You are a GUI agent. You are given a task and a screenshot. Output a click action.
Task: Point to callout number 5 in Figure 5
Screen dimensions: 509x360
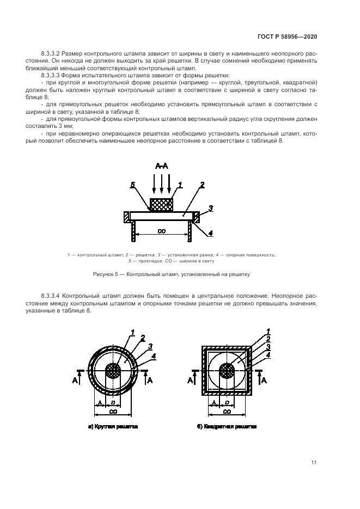tap(132, 186)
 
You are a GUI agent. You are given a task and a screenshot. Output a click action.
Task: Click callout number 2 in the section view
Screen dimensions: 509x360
tap(202, 185)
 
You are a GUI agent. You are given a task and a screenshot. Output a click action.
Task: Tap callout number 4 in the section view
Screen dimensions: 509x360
tap(210, 234)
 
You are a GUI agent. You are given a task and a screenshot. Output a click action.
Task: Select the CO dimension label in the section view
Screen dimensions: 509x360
tap(161, 231)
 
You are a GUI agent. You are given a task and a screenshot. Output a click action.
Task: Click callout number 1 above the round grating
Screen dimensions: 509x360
tap(132, 332)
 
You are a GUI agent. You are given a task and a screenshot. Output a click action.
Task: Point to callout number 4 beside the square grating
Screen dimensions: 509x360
tap(267, 355)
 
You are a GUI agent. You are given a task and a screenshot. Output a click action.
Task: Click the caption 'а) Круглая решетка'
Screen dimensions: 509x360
tap(113, 427)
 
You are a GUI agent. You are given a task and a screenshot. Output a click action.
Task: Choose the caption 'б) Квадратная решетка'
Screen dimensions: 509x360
tap(227, 427)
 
